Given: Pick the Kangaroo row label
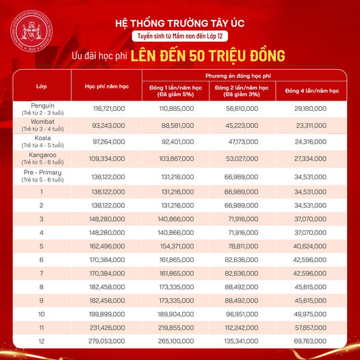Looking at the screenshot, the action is tap(41, 158).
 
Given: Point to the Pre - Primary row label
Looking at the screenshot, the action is tap(41, 175).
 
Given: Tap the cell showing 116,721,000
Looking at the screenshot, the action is tap(107, 109).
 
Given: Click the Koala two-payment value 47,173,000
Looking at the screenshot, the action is tap(244, 142).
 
